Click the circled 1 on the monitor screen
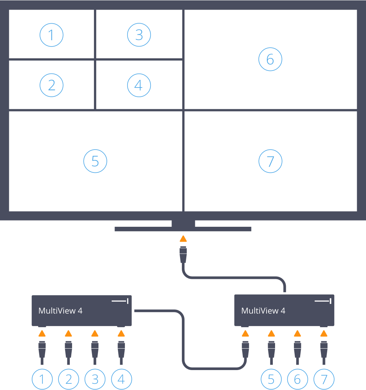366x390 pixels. pyautogui.click(x=51, y=35)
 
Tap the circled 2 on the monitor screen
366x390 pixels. pyautogui.click(x=51, y=85)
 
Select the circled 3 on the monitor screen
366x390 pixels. pyautogui.click(x=139, y=35)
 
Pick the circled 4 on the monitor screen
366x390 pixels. pyautogui.click(x=139, y=85)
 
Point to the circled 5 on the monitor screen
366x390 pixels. pyautogui.click(x=95, y=161)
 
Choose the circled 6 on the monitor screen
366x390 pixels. pyautogui.click(x=270, y=59)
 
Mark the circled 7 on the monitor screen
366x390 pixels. pyautogui.click(x=270, y=161)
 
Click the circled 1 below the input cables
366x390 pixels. pyautogui.click(x=43, y=379)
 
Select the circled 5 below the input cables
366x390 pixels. pyautogui.click(x=271, y=379)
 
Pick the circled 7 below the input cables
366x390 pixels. pyautogui.click(x=324, y=379)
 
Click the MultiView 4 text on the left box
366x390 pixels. pyautogui.click(x=60, y=311)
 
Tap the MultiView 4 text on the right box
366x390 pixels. pyautogui.click(x=263, y=311)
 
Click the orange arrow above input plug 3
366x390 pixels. pyautogui.click(x=95, y=333)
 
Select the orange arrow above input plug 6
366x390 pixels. pyautogui.click(x=297, y=333)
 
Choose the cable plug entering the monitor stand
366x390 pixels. pyautogui.click(x=183, y=255)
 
